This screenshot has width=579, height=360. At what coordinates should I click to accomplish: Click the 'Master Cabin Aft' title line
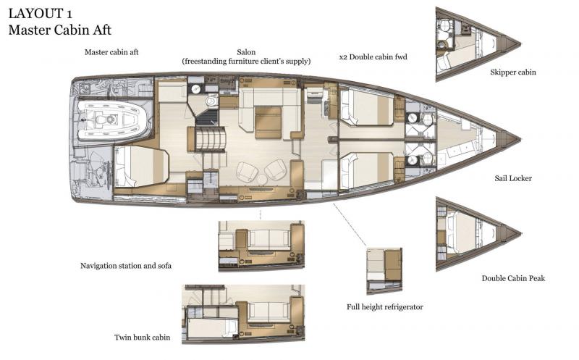pyautogui.click(x=59, y=30)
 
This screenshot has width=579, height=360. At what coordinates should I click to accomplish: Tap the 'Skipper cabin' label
pyautogui.click(x=512, y=72)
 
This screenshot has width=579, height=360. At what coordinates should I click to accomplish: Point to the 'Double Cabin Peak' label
pyautogui.click(x=513, y=278)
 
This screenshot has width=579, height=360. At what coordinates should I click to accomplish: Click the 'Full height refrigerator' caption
pyautogui.click(x=385, y=307)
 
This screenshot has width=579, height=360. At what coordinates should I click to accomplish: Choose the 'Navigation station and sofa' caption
pyautogui.click(x=126, y=266)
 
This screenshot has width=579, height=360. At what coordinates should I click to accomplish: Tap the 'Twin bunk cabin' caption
pyautogui.click(x=143, y=338)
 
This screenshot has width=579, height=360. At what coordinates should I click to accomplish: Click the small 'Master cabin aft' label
pyautogui.click(x=111, y=52)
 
